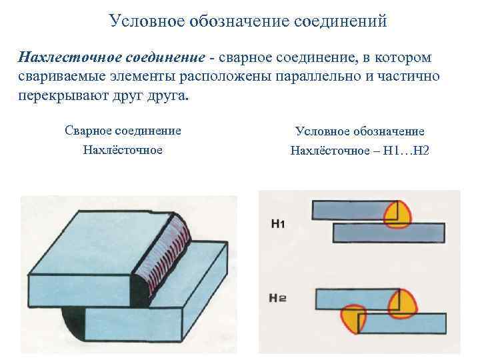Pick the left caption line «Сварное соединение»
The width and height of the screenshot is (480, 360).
[x=123, y=130]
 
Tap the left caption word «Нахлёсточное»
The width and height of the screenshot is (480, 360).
[x=123, y=149]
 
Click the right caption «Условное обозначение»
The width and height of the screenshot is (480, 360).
[x=359, y=131]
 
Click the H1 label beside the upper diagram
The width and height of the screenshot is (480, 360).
[x=278, y=224]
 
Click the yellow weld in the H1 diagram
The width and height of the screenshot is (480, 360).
[x=398, y=213]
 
